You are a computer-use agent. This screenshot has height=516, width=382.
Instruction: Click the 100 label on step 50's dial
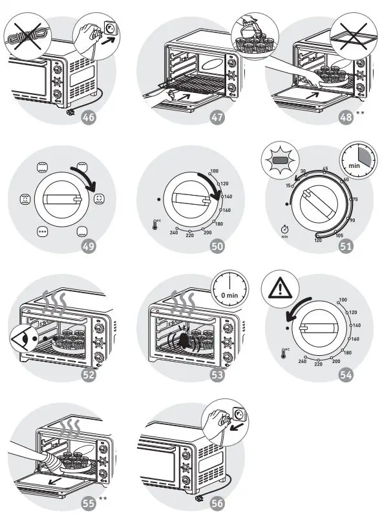(x=214, y=171)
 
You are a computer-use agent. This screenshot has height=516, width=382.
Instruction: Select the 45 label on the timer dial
(x=325, y=169)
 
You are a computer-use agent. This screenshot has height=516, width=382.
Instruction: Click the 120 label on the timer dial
(x=318, y=240)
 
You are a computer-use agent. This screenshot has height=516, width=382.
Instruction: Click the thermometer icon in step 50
(x=156, y=225)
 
